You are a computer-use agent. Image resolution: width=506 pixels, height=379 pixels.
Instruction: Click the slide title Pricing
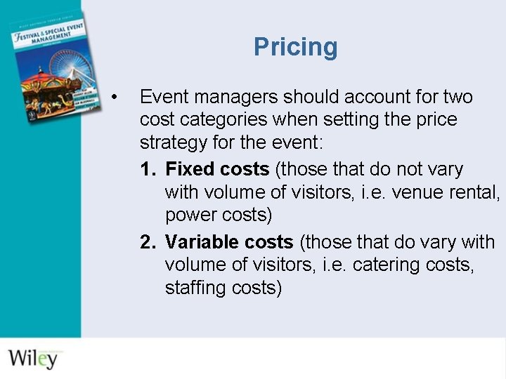[295, 47]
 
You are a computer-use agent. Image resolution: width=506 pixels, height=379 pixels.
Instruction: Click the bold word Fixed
[190, 170]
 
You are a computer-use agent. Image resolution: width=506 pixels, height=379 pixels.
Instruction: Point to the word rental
[474, 192]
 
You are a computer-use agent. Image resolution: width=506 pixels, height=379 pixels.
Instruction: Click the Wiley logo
[33, 358]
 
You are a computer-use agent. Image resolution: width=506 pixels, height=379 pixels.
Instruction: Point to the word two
[458, 97]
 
